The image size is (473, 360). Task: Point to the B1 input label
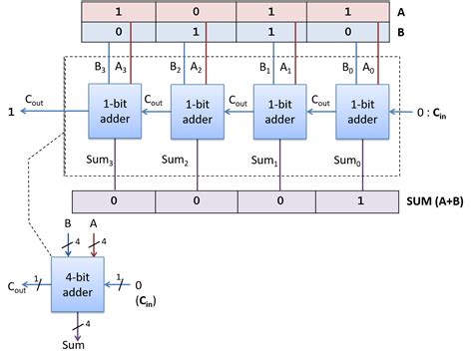263,71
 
